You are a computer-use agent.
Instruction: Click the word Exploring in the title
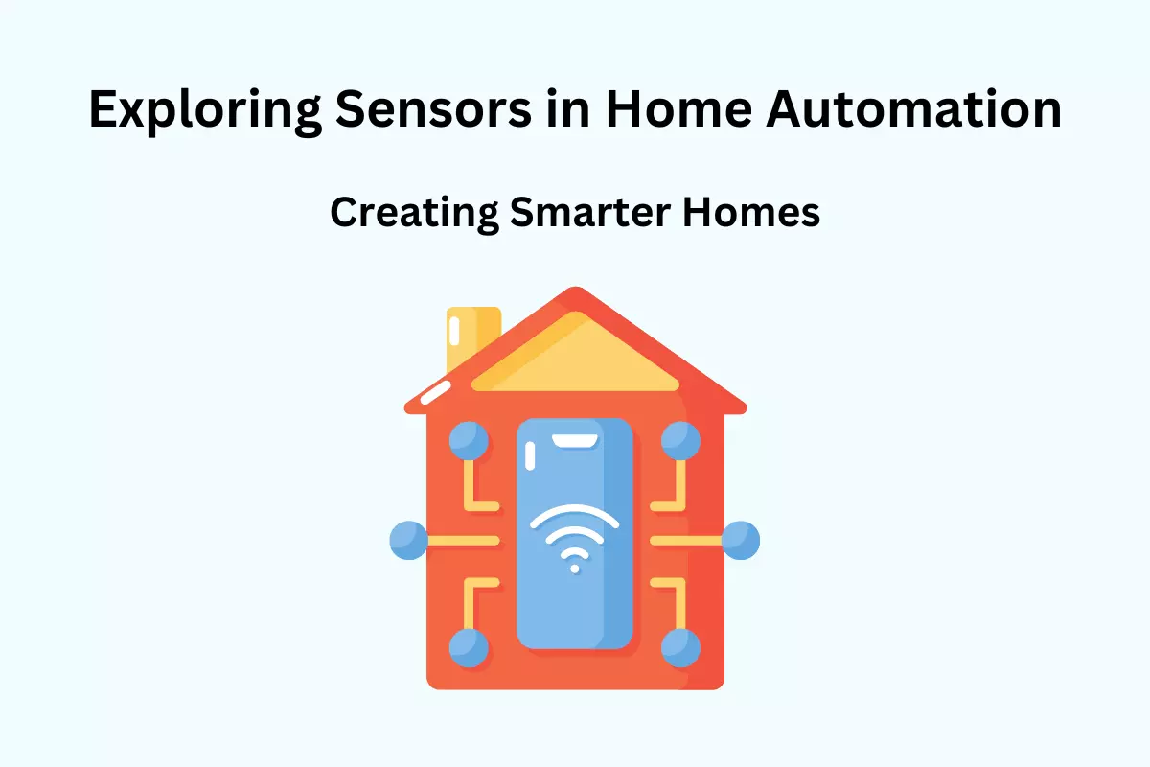205,111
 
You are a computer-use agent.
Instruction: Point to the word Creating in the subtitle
414,214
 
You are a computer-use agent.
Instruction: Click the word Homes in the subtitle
751,211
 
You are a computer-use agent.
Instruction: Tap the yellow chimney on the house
473,337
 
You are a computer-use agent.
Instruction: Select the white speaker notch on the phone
574,441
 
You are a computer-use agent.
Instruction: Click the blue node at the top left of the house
469,441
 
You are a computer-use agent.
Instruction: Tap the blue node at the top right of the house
680,441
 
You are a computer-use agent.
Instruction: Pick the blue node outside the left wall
408,541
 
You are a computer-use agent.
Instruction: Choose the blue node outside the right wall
740,541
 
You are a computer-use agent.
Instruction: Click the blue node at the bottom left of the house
469,648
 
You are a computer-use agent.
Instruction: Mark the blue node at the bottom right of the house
680,648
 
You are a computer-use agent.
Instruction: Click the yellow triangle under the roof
576,360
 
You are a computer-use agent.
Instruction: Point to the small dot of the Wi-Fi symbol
575,569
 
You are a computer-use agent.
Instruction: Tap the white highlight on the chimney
454,331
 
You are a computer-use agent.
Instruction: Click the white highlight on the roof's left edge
435,392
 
